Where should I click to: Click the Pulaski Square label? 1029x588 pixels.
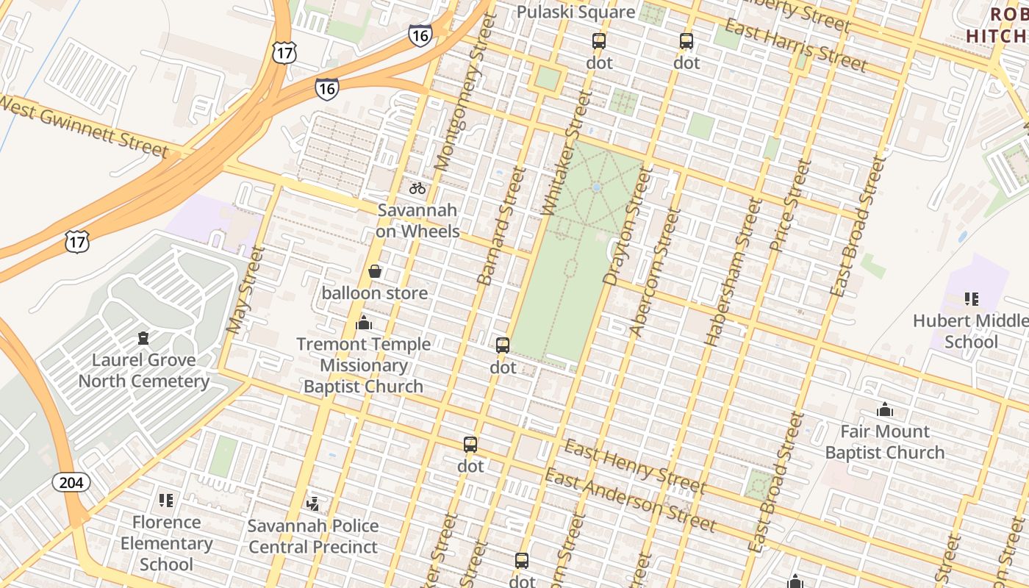(576, 12)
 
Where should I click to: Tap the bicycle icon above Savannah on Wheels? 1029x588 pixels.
(417, 188)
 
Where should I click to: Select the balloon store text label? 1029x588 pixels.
(375, 293)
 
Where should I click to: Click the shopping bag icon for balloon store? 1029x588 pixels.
(375, 272)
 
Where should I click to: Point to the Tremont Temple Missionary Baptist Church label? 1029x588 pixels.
(364, 365)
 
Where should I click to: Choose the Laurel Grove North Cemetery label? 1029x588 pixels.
(144, 370)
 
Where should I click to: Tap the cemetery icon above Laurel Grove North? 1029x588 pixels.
(143, 338)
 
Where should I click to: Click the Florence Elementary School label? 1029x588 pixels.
(166, 543)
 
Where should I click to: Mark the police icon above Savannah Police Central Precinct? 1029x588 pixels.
(313, 504)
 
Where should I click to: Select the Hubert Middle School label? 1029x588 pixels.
(971, 331)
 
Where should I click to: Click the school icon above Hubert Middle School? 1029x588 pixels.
(971, 299)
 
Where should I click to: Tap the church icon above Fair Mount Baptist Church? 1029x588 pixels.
(885, 409)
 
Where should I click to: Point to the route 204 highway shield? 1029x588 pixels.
(71, 482)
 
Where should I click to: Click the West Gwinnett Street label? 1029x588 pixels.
(84, 126)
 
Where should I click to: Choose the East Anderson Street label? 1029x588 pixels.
(629, 501)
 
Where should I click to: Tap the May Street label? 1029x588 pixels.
(245, 290)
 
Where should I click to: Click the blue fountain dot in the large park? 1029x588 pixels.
(596, 188)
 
